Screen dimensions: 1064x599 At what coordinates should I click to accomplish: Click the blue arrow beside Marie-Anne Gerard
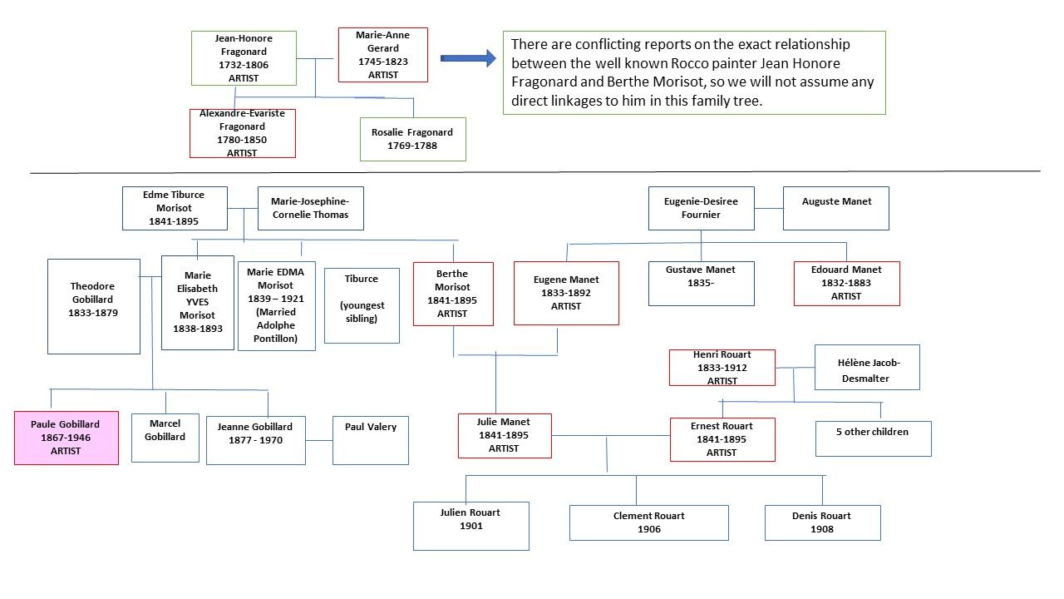(468, 58)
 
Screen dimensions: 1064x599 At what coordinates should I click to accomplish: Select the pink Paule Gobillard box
(66, 438)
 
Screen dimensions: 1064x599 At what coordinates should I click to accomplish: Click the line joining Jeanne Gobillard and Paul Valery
(318, 440)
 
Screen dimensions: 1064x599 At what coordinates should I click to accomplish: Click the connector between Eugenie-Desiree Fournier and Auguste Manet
(769, 208)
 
